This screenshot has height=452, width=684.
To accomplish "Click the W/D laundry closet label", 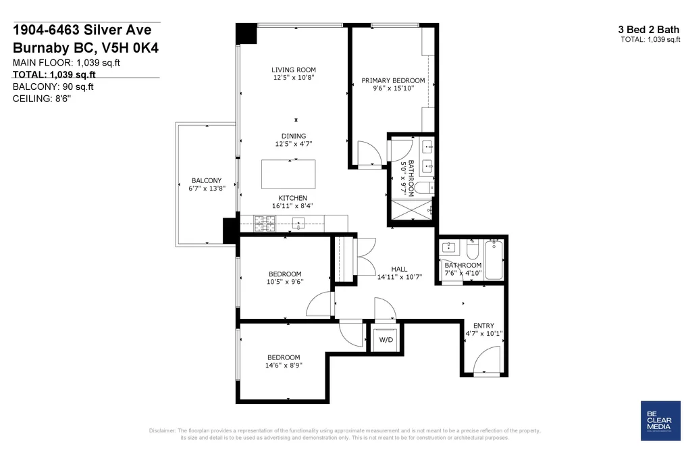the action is [386, 340].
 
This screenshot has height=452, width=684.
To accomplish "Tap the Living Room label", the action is [294, 70].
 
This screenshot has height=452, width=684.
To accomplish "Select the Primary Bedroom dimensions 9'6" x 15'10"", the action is [394, 88].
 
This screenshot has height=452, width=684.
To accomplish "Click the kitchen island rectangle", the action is [288, 174].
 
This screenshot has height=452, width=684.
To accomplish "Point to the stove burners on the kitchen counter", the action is [265, 224].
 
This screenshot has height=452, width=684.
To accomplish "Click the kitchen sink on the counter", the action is [298, 224].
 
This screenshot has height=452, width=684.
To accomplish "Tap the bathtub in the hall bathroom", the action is [494, 260].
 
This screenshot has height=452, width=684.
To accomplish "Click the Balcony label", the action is [207, 180].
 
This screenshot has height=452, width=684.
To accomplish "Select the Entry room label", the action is [483, 326].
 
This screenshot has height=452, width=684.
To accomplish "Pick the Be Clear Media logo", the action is [660, 421].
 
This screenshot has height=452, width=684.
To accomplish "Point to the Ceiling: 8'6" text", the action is [42, 99].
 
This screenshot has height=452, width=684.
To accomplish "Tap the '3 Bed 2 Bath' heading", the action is [649, 30].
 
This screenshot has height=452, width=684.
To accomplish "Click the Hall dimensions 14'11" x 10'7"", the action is [400, 276].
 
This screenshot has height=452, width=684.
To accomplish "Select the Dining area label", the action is [294, 136].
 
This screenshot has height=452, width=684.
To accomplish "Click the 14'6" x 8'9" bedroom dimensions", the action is [284, 365].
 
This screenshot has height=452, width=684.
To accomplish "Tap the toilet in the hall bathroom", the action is [473, 249].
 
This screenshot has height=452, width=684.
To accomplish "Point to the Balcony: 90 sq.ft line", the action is [53, 87].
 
